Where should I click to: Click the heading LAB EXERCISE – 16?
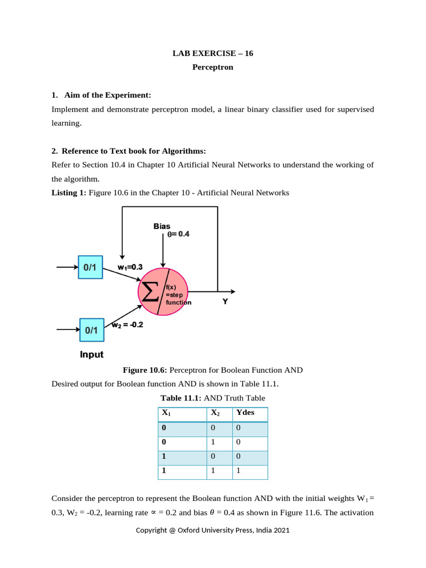(213, 53)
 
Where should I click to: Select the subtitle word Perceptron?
(213, 67)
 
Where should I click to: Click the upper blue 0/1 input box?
(90, 267)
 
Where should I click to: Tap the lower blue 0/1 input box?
(91, 329)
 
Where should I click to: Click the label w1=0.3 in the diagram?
(130, 267)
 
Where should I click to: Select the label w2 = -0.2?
(127, 325)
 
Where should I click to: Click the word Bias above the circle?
(162, 226)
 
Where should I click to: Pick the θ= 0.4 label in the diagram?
(178, 234)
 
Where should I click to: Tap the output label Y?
(225, 303)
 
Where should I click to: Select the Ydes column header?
(245, 413)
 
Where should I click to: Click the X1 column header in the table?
(166, 413)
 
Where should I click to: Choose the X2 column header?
(216, 413)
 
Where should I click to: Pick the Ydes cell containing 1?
(239, 470)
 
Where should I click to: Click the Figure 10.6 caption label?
(145, 370)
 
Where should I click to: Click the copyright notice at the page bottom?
(213, 530)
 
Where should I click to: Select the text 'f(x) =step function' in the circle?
(177, 295)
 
